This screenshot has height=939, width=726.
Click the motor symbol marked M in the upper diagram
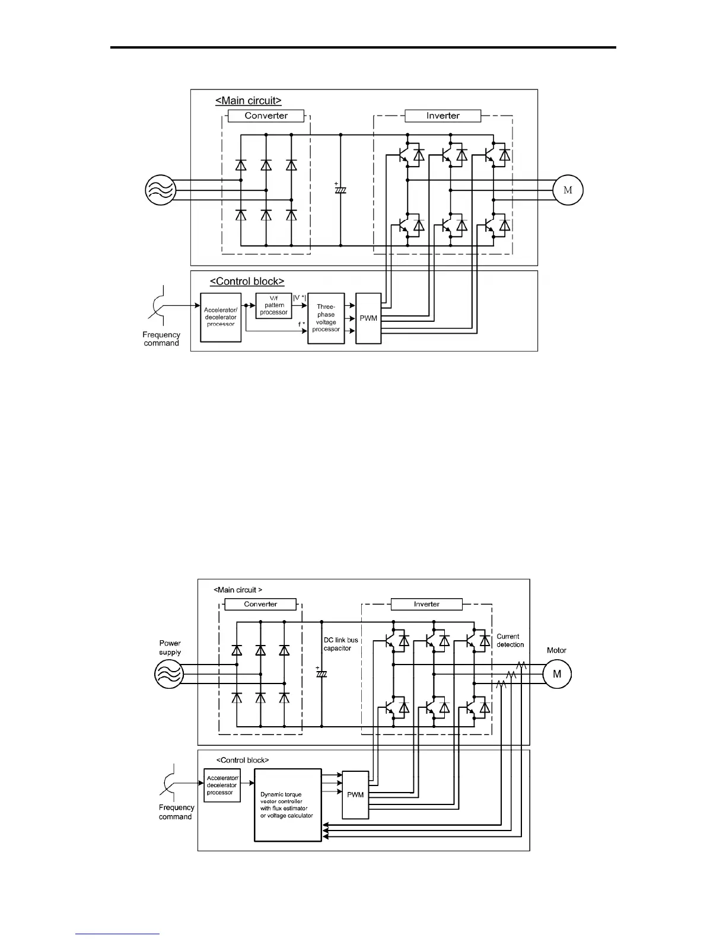[568, 190]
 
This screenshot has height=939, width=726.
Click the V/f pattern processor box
[274, 305]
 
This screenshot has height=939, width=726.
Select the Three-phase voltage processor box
[326, 318]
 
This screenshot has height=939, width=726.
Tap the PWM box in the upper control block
[368, 318]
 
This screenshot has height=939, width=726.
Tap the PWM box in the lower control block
[355, 795]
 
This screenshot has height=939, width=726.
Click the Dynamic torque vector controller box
[288, 805]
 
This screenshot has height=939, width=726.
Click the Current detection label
[510, 640]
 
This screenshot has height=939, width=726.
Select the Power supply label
[170, 648]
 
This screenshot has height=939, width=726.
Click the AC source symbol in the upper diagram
[161, 190]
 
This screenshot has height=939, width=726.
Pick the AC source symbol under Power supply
[169, 674]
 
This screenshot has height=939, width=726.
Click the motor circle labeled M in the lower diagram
[557, 674]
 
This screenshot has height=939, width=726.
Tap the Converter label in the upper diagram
[266, 116]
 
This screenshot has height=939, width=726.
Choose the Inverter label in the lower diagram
[426, 604]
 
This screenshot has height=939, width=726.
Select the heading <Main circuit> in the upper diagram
[248, 101]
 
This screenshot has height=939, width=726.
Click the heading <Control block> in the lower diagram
[242, 760]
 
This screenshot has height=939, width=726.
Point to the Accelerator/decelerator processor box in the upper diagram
[221, 317]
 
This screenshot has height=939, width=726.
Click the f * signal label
[302, 324]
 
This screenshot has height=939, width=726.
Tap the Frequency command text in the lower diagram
[176, 812]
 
